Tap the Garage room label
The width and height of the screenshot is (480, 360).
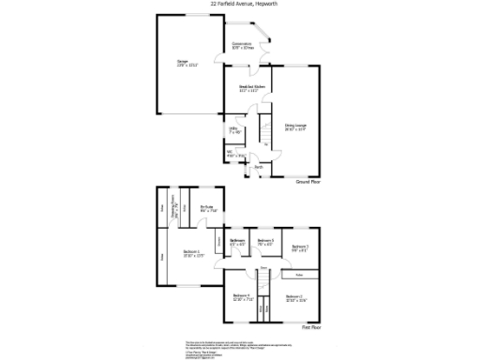[182, 64]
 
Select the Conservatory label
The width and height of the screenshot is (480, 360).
[242, 44]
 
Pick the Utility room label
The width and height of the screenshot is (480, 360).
[234, 130]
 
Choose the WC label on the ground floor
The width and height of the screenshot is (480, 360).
[232, 154]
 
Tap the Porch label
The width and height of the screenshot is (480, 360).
[259, 168]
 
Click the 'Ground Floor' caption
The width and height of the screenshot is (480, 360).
[308, 181]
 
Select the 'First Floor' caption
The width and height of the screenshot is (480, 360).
[311, 328]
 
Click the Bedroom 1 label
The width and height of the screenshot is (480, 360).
[193, 254]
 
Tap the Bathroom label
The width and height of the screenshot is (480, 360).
[238, 243]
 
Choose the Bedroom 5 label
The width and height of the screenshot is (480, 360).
[266, 243]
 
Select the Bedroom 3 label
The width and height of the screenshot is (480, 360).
[300, 247]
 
